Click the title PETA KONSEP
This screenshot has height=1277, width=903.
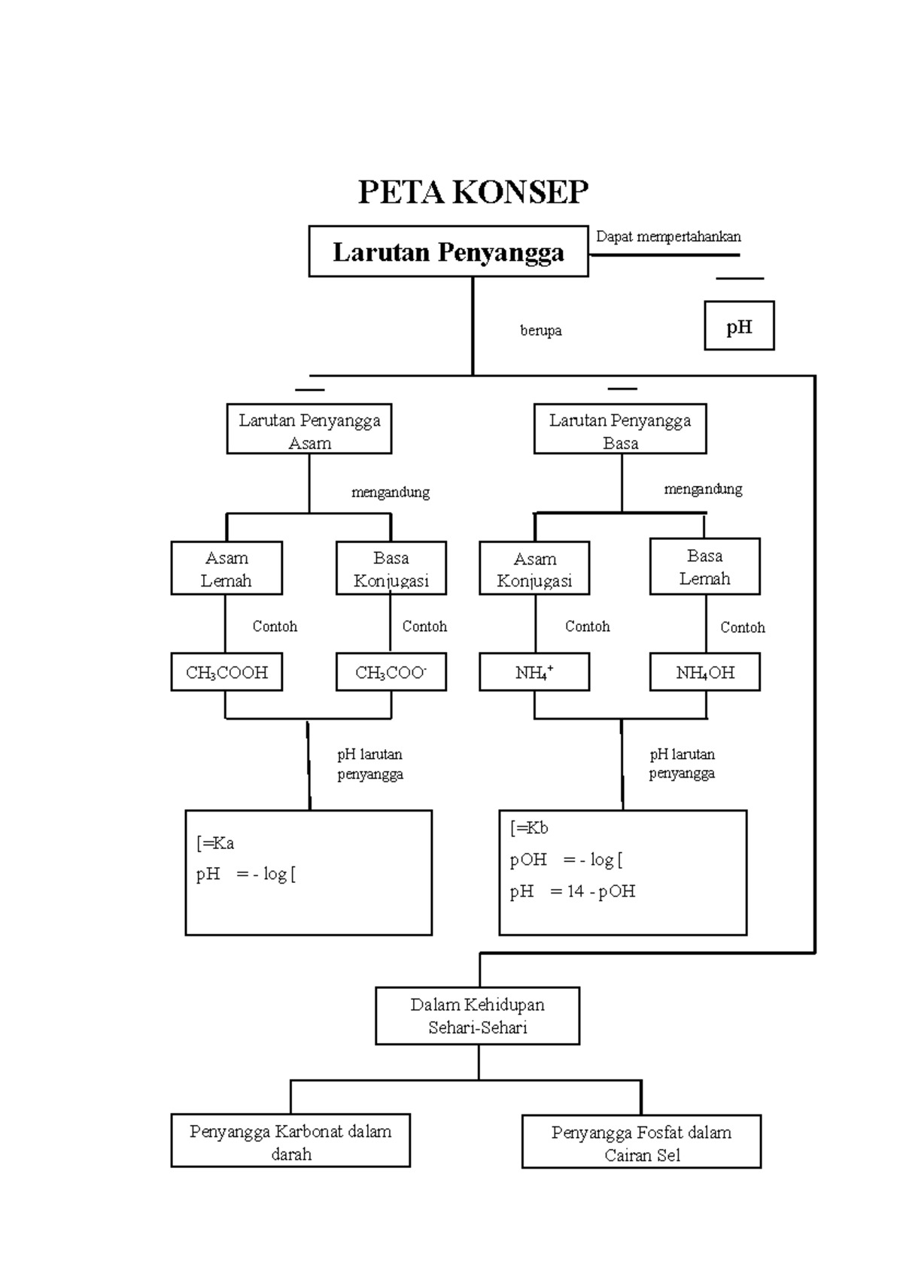[473, 193]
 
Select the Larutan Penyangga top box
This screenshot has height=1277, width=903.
[448, 252]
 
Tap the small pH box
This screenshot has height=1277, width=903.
[739, 326]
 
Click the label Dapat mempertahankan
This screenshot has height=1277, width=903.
[668, 237]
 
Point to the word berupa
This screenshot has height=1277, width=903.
[540, 330]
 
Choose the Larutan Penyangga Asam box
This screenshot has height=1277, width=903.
[309, 430]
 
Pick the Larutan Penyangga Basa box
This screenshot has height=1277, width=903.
[620, 430]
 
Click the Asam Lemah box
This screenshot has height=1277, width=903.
[227, 569]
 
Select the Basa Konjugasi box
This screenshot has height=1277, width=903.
[391, 569]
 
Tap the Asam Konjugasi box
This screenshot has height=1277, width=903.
[534, 569]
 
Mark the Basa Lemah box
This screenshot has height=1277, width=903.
[705, 567]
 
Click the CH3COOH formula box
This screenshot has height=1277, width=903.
[227, 672]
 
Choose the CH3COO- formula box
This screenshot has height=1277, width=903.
[391, 672]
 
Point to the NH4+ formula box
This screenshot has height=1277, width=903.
[534, 672]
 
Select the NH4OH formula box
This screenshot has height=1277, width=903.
[705, 672]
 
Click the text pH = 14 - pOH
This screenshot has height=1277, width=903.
[573, 892]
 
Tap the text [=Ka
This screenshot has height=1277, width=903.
[215, 844]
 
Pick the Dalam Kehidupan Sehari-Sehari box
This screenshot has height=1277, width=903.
[477, 1016]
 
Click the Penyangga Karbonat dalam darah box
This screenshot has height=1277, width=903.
[290, 1142]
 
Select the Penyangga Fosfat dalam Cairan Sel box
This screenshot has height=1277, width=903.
[641, 1142]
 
